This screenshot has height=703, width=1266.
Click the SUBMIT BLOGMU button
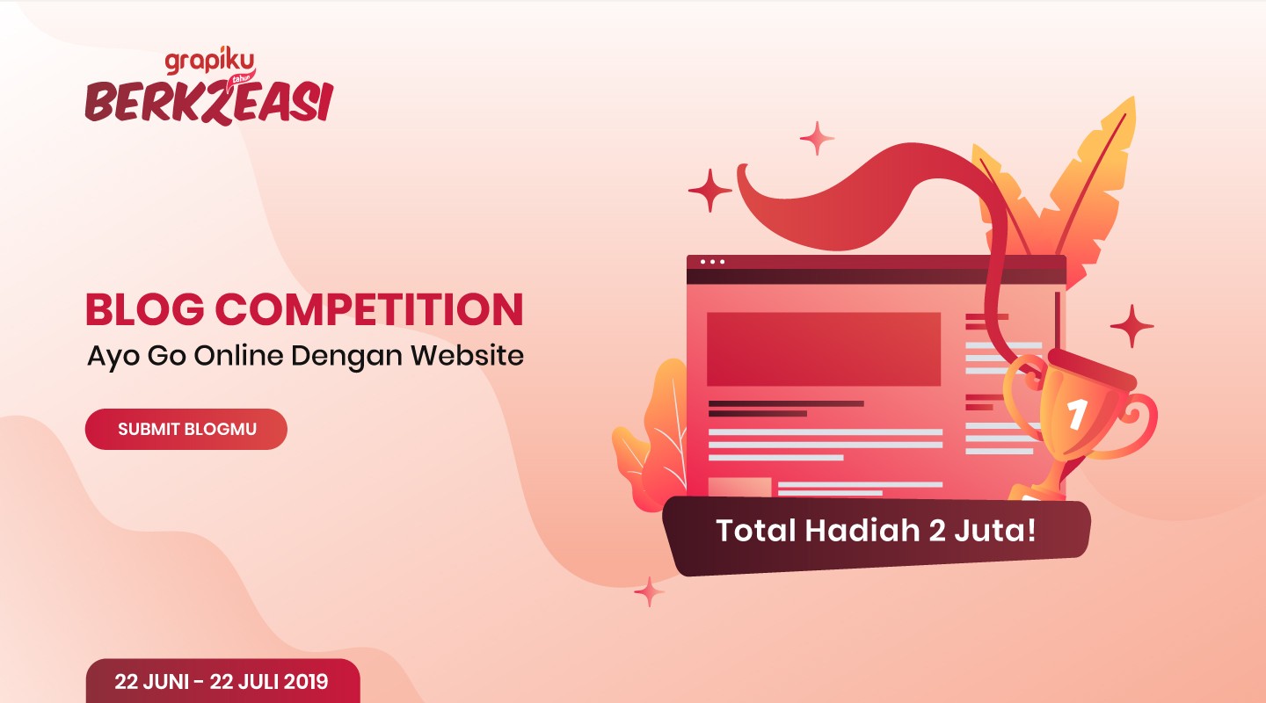(x=186, y=429)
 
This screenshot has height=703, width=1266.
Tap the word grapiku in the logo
(x=209, y=61)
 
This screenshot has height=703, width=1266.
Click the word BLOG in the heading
(x=145, y=309)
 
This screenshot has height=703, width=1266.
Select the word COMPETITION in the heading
(x=369, y=309)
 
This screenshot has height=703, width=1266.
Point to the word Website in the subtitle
(x=467, y=356)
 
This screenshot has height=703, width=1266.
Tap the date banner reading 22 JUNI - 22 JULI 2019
(x=222, y=681)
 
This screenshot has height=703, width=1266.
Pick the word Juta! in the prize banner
(x=995, y=530)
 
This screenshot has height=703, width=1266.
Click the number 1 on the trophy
(x=1077, y=415)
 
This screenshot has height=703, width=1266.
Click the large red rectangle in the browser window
(x=824, y=349)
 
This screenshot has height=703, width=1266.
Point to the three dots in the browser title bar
(x=712, y=262)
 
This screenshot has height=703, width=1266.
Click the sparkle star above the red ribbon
(x=817, y=138)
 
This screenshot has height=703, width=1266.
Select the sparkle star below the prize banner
(x=649, y=591)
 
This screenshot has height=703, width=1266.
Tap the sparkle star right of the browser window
(x=1131, y=326)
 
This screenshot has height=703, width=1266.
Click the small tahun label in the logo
(x=241, y=79)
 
